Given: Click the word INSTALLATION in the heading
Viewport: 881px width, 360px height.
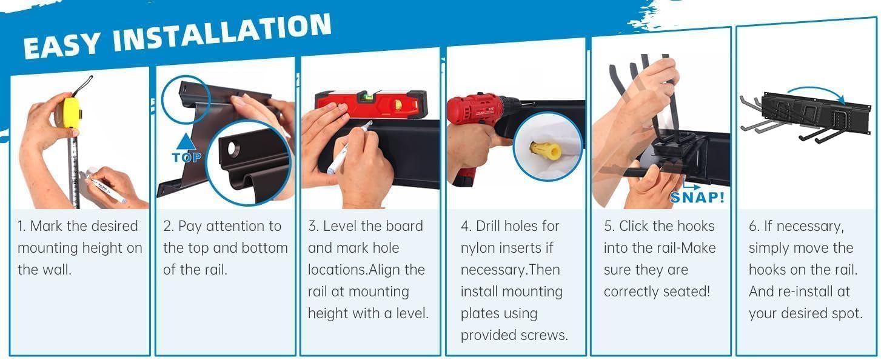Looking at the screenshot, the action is pyautogui.click(x=222, y=33).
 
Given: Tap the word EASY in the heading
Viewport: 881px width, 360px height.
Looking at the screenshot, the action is pyautogui.click(x=62, y=45).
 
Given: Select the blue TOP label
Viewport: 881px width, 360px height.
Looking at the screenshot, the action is pyautogui.click(x=186, y=158).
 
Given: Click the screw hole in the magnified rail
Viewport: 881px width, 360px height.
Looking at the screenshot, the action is pyautogui.click(x=233, y=149).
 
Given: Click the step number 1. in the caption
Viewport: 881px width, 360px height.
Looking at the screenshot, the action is pyautogui.click(x=22, y=226).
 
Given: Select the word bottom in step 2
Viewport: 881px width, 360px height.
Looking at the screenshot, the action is pyautogui.click(x=264, y=248).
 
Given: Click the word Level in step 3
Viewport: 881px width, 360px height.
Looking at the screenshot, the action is pyautogui.click(x=341, y=226).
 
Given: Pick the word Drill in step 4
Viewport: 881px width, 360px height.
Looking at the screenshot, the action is pyautogui.click(x=488, y=226).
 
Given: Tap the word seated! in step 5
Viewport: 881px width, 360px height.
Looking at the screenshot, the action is pyautogui.click(x=686, y=292).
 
